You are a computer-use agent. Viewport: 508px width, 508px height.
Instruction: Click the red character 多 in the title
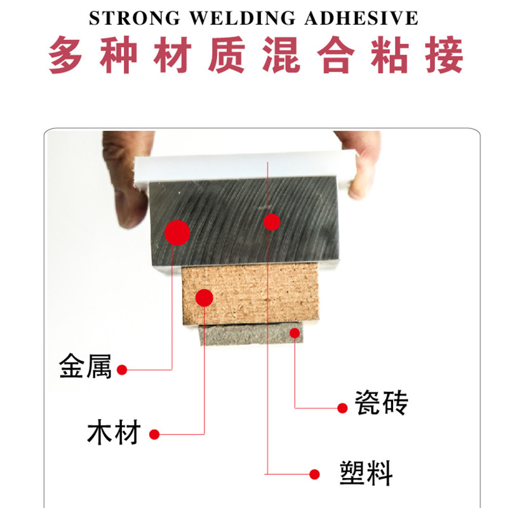coord(68,56)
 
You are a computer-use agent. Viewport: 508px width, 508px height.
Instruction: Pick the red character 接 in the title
coord(441,56)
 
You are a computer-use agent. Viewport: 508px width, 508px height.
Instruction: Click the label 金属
coord(86,368)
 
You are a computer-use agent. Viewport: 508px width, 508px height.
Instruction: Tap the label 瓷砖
coord(382,404)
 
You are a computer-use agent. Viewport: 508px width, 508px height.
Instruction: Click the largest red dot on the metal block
coord(177,232)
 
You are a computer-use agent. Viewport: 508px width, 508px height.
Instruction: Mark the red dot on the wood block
coord(204,297)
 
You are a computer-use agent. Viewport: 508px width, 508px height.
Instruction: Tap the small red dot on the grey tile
coord(295,333)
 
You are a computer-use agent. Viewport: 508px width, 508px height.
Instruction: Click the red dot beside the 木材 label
coord(154,435)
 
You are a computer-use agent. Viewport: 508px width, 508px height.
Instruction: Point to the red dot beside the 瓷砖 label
coord(342,408)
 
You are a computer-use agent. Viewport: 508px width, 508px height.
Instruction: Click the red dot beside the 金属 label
coord(123,370)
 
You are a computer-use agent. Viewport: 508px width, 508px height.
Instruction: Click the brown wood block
coord(254,295)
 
